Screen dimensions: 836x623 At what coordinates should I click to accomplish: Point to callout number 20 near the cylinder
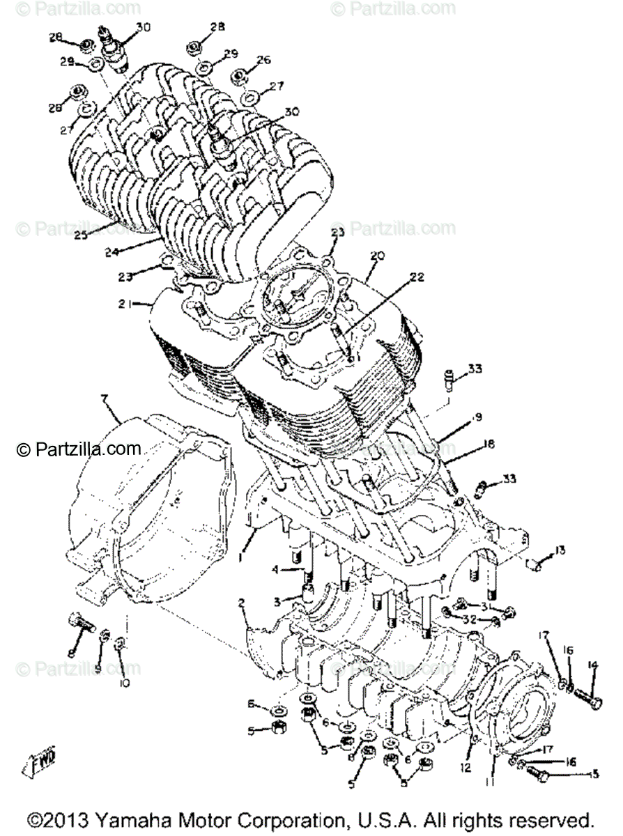pos(377,256)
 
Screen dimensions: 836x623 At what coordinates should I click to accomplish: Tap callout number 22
pos(417,277)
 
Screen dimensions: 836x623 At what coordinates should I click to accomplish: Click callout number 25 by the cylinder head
pos(82,235)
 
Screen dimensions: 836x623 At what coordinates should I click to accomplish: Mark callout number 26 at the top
pos(263,61)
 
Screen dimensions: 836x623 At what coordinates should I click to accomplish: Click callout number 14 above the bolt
pos(593,665)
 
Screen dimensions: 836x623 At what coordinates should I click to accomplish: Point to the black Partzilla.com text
pos(79,449)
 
